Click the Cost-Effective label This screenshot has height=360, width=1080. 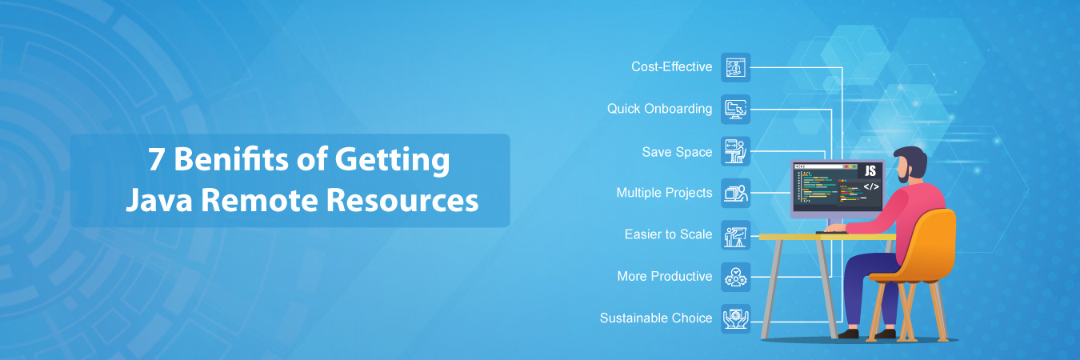click(x=671, y=67)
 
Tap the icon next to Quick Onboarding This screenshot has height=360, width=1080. click(x=736, y=109)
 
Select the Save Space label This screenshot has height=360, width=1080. click(x=677, y=152)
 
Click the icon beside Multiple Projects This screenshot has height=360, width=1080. click(x=736, y=193)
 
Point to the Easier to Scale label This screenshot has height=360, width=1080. click(x=668, y=235)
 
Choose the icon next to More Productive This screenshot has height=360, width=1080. click(x=736, y=277)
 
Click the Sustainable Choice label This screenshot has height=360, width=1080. click(x=656, y=318)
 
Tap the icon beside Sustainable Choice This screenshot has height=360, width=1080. click(x=736, y=318)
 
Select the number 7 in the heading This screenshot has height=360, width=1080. click(x=155, y=160)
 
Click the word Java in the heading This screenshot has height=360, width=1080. click(x=157, y=199)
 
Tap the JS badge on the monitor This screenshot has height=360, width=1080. click(x=870, y=170)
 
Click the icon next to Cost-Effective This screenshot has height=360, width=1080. click(x=736, y=67)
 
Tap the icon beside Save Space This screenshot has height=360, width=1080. click(x=736, y=151)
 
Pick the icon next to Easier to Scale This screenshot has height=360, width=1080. click(x=736, y=235)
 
